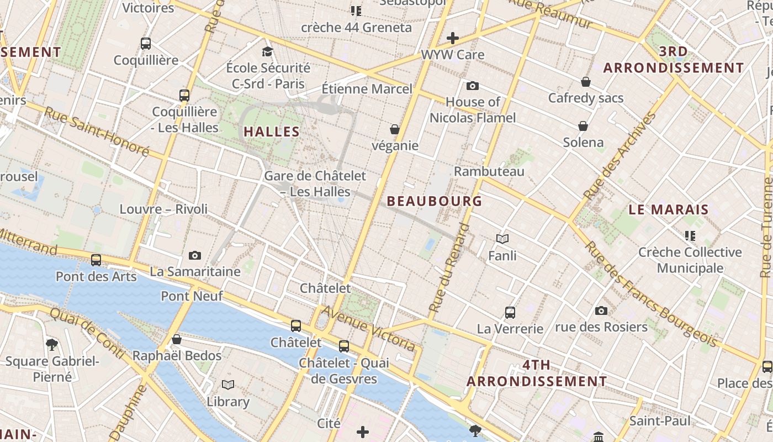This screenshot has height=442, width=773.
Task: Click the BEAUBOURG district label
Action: coord(435,201)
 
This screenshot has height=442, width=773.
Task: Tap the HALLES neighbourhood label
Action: coord(271,132)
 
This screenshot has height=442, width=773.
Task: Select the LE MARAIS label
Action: coord(668,210)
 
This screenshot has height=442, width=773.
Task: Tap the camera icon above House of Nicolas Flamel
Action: coord(473,86)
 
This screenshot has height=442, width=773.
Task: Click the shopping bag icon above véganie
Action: coord(395,129)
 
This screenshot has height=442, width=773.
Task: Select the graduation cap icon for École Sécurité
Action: coord(268,52)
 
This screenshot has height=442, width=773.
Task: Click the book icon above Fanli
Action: coord(502,239)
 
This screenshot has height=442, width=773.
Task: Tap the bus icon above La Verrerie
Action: coord(510,313)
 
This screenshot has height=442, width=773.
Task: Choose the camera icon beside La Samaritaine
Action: coord(195,255)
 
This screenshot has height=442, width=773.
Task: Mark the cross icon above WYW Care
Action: coord(453,38)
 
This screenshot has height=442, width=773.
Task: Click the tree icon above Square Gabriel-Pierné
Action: coord(52,345)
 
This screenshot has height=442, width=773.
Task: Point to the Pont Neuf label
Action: coord(192,296)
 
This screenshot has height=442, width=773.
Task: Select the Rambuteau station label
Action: coord(489,171)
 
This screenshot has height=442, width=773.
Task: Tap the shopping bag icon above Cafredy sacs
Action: coord(586,82)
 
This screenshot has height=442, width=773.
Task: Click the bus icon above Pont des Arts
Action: coord(96,260)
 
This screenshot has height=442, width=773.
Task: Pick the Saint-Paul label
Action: coord(660,421)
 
